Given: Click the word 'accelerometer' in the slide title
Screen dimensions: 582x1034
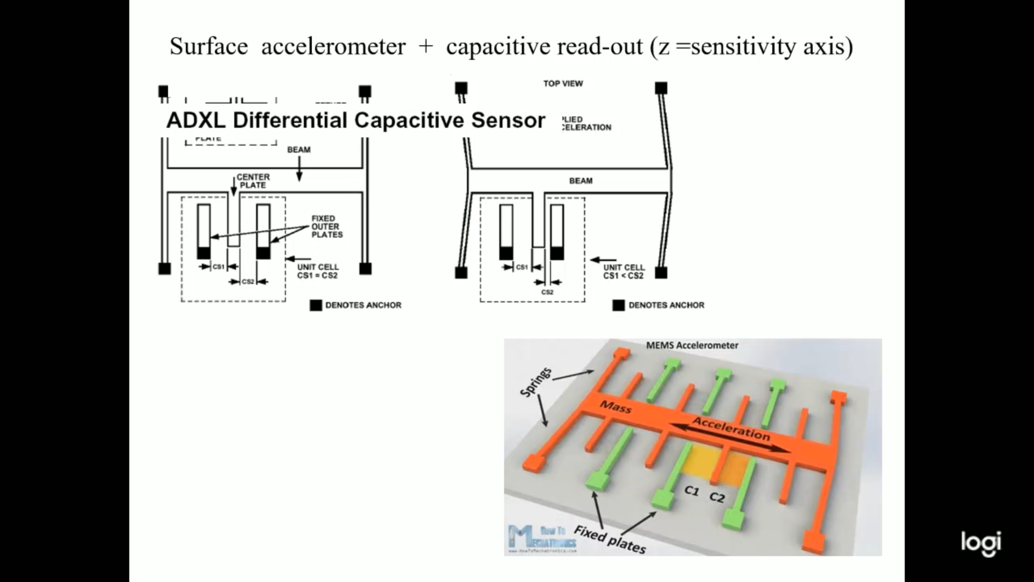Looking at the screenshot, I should (333, 46).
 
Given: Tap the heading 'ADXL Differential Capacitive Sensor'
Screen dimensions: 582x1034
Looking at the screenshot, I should (355, 120).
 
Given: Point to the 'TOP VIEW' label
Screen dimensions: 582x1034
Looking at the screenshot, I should (563, 84).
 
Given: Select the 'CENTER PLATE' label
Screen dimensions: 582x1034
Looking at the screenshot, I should (253, 181).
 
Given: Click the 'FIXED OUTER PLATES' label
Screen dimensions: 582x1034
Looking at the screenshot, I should (326, 226).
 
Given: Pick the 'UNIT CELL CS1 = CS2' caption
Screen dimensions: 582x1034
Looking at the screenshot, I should (318, 271).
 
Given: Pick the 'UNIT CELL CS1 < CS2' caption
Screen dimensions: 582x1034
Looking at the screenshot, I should (624, 271).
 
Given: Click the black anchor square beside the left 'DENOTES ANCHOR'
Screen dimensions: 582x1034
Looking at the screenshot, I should (316, 305).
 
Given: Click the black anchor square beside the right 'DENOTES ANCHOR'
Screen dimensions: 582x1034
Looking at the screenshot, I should (618, 306).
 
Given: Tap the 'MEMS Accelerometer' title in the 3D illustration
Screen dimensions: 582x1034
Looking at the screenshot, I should (692, 345).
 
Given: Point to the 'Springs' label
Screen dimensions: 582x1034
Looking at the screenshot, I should (536, 382).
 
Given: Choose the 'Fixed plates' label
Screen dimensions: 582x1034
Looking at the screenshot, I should (609, 539).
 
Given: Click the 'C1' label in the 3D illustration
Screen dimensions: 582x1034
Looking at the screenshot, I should (691, 490).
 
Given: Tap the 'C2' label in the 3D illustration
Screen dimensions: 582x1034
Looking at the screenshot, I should (717, 497).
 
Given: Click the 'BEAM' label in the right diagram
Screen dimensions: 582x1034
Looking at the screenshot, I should (581, 181).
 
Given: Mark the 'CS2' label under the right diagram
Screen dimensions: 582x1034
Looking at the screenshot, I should (547, 292).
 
